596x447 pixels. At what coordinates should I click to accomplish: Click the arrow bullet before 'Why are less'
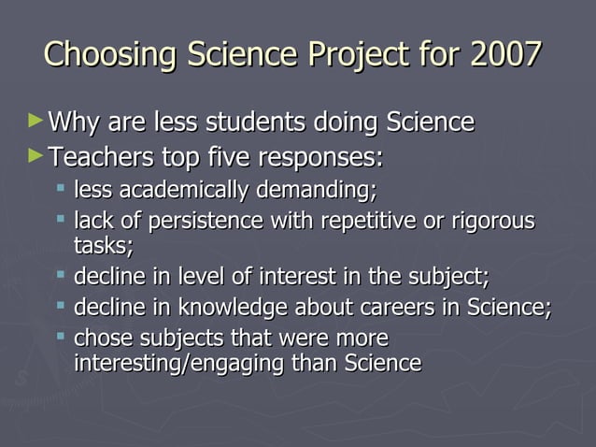pyautogui.click(x=35, y=121)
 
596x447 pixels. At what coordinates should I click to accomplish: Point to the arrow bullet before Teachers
pyautogui.click(x=35, y=152)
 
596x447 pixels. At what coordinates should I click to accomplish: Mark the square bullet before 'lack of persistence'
pyautogui.click(x=61, y=221)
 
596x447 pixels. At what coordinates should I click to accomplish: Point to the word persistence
pyautogui.click(x=202, y=222)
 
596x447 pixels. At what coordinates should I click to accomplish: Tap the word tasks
pyautogui.click(x=103, y=246)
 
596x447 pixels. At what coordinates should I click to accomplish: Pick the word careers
pyautogui.click(x=398, y=308)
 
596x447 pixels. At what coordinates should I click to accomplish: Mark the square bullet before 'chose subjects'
pyautogui.click(x=61, y=337)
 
